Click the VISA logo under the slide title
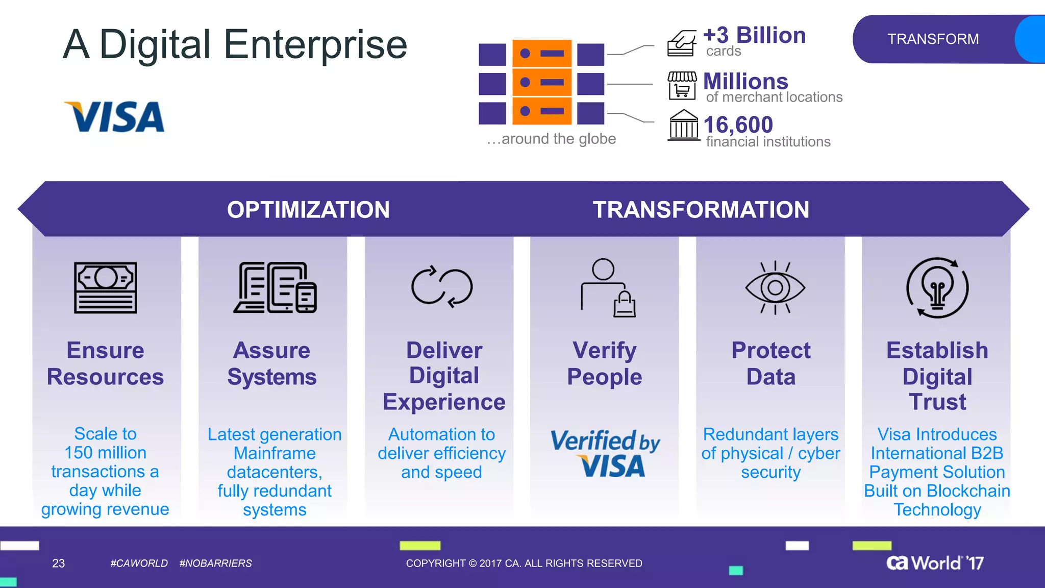[114, 117]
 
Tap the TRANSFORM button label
[933, 39]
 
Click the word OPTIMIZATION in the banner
[308, 210]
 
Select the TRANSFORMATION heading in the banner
[701, 210]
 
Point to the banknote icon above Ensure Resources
[105, 287]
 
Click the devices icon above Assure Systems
[275, 287]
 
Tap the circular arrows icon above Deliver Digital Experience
[442, 287]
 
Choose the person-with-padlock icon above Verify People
[608, 288]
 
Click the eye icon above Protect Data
[775, 288]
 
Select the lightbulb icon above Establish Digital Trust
[937, 288]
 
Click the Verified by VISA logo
[605, 453]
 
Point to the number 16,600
[738, 125]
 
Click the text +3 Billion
[754, 36]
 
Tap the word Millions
[745, 82]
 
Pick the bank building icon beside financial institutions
[683, 126]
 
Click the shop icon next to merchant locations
[682, 85]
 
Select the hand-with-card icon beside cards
[682, 43]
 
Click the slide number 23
[59, 563]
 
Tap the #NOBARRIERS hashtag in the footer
[215, 563]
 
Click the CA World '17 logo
[935, 563]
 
